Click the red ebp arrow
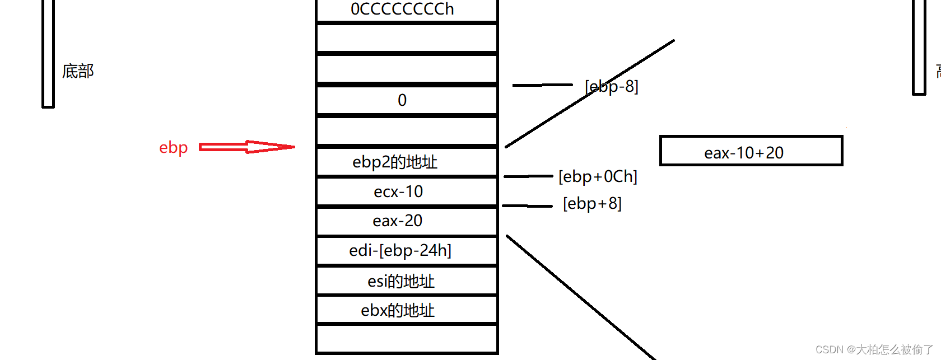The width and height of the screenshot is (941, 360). coord(246,147)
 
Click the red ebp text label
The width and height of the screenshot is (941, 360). coord(173,148)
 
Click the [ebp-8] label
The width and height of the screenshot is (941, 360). coord(612,86)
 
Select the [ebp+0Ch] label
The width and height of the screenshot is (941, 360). coord(598,177)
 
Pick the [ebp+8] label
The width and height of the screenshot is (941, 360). coord(592,203)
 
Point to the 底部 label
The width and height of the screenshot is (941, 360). coord(78,71)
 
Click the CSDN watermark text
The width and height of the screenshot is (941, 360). coord(874,350)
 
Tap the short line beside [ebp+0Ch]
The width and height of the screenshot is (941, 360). coord(528,176)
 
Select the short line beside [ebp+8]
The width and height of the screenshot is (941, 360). coord(527,206)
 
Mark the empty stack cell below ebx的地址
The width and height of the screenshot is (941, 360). coord(407,339)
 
